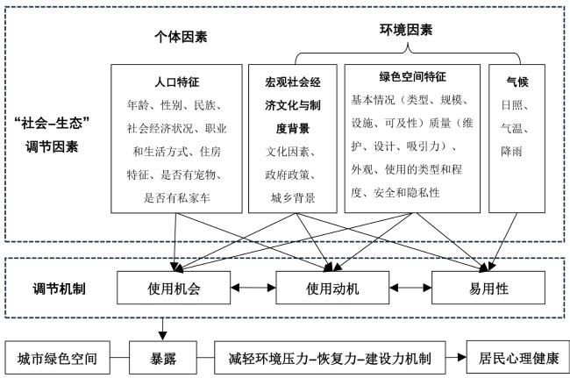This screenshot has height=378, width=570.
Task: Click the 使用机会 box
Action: coord(174,288)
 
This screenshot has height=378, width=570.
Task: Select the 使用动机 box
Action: coord(332,288)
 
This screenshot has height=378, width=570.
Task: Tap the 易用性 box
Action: coord(488,288)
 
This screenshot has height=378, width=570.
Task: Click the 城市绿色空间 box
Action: coord(57,358)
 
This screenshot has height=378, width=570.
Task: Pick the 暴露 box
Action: coord(163,358)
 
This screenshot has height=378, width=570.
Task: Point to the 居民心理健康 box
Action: coord(518,357)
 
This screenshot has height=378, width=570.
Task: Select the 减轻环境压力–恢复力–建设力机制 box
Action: coord(330,358)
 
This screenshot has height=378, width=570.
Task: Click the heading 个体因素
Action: coord(181,37)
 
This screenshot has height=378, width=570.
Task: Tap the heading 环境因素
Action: coord(406,30)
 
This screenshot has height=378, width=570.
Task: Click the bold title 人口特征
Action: coord(177,82)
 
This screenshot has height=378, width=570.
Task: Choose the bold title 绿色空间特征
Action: coord(413,76)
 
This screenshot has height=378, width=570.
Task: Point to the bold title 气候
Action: coord(517,82)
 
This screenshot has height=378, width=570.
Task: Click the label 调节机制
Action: coord(60,289)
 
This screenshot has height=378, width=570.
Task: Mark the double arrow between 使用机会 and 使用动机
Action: coord(253,288)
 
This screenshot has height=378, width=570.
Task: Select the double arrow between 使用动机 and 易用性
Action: coord(410,288)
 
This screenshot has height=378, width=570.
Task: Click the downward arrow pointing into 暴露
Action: coord(162,330)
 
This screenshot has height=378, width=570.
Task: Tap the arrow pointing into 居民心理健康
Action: coord(456,357)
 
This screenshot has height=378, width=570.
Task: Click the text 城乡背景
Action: coord(293,198)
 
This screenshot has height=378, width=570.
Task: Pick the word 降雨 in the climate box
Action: coord(511,152)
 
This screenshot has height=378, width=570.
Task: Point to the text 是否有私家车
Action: coord(177,198)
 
